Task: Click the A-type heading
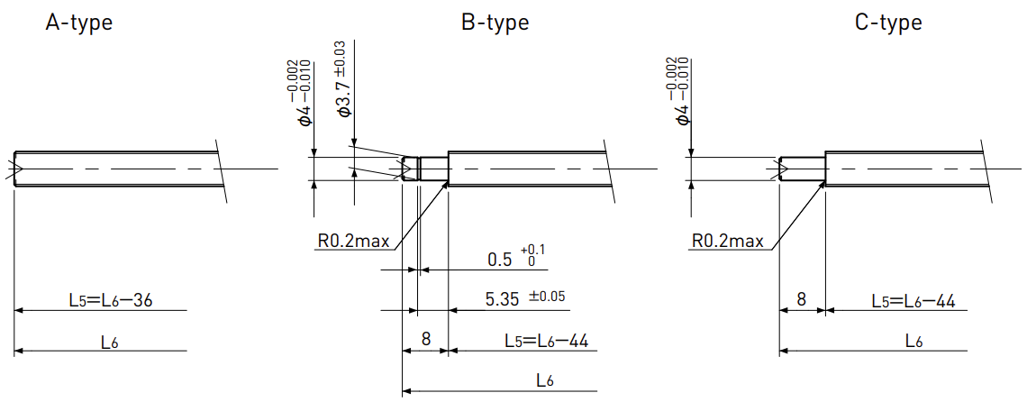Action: pyautogui.click(x=78, y=23)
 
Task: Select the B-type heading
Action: pyautogui.click(x=495, y=23)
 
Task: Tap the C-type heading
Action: pyautogui.click(x=889, y=23)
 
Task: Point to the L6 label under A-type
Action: pyautogui.click(x=109, y=342)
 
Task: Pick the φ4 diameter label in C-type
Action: pyautogui.click(x=679, y=92)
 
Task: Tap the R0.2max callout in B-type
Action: pyautogui.click(x=354, y=242)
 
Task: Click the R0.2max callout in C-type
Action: pyautogui.click(x=728, y=242)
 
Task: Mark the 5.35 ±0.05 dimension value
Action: pyautogui.click(x=525, y=299)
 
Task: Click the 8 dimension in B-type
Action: pyautogui.click(x=426, y=339)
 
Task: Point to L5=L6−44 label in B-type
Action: pyautogui.click(x=546, y=341)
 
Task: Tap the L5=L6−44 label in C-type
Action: pyautogui.click(x=913, y=301)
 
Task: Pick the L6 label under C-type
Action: pyautogui.click(x=914, y=341)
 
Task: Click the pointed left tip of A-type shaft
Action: pyautogui.click(x=14, y=169)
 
